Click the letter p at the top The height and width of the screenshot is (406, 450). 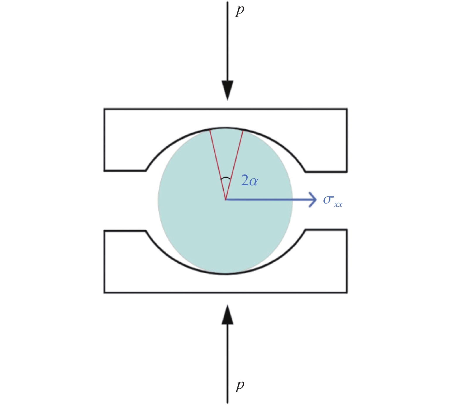tap(240, 11)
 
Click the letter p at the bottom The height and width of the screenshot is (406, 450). tap(240, 386)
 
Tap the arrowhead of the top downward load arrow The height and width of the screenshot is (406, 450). tap(227, 90)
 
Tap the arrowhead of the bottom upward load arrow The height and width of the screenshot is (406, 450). tap(227, 314)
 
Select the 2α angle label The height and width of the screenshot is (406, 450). tap(249, 180)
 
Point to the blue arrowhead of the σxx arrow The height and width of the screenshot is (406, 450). tap(313, 200)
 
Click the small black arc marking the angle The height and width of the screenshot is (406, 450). tap(225, 178)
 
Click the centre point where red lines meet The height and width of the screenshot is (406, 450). tap(225, 200)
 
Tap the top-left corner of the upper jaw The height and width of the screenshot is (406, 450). tap(104, 109)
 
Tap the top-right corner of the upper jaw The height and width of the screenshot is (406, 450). tap(347, 109)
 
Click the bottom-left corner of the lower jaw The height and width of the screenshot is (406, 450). tap(104, 292)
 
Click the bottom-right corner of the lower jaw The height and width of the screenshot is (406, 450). tap(347, 292)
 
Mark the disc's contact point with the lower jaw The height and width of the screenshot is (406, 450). tap(225, 274)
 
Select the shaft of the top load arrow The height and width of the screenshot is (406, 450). tap(227, 41)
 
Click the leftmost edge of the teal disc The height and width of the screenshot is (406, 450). tap(158, 200)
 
